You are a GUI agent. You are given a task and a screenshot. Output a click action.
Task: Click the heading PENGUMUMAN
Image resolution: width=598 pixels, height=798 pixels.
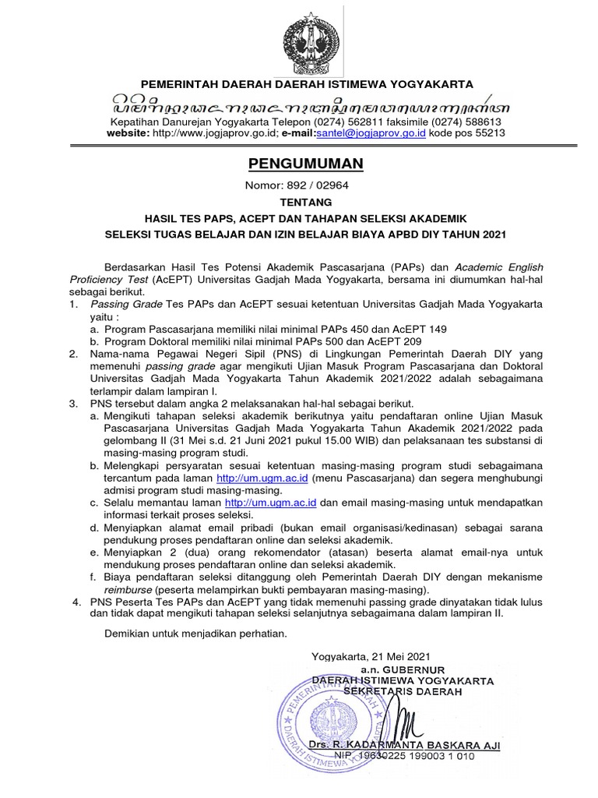pos(294,164)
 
